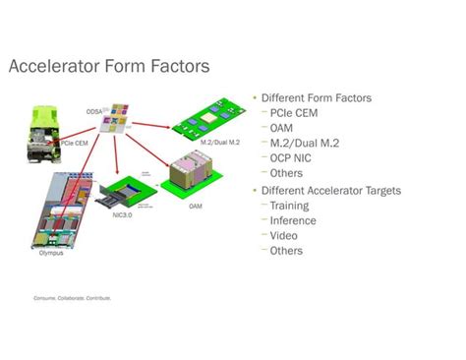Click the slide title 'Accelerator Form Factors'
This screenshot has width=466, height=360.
tap(108, 67)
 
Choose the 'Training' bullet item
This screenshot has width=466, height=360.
tap(289, 206)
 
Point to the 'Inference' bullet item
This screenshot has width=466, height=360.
tap(292, 220)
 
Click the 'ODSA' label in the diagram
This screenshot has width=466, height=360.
tap(95, 110)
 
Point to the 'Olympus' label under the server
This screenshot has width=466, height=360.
tap(40, 253)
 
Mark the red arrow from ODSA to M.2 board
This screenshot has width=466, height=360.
tap(155, 125)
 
